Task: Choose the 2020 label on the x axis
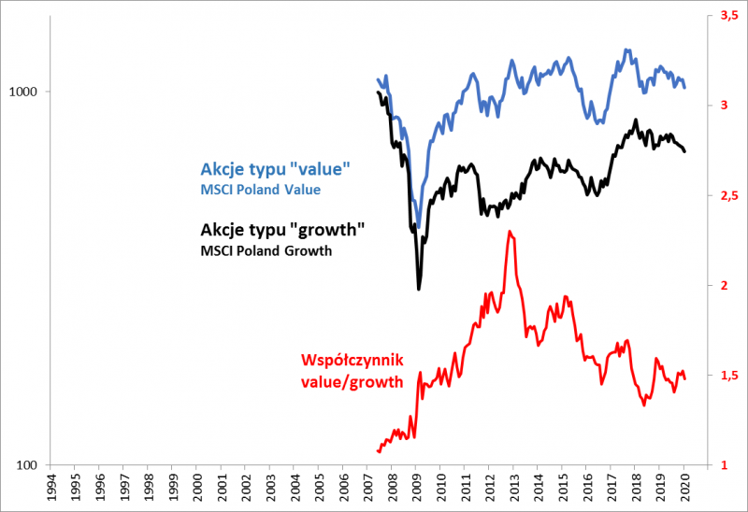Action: coord(684,488)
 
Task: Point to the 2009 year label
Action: coord(417,488)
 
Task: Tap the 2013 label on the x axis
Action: coord(514,488)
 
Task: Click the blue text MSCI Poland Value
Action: coord(260,190)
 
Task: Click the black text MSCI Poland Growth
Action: coord(266,250)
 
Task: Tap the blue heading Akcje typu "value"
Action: coord(275,169)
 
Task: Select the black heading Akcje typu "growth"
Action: coord(281,230)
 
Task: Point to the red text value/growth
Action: coord(352,380)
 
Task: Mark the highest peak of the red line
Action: coord(508,231)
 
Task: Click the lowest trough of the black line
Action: coord(418,289)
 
